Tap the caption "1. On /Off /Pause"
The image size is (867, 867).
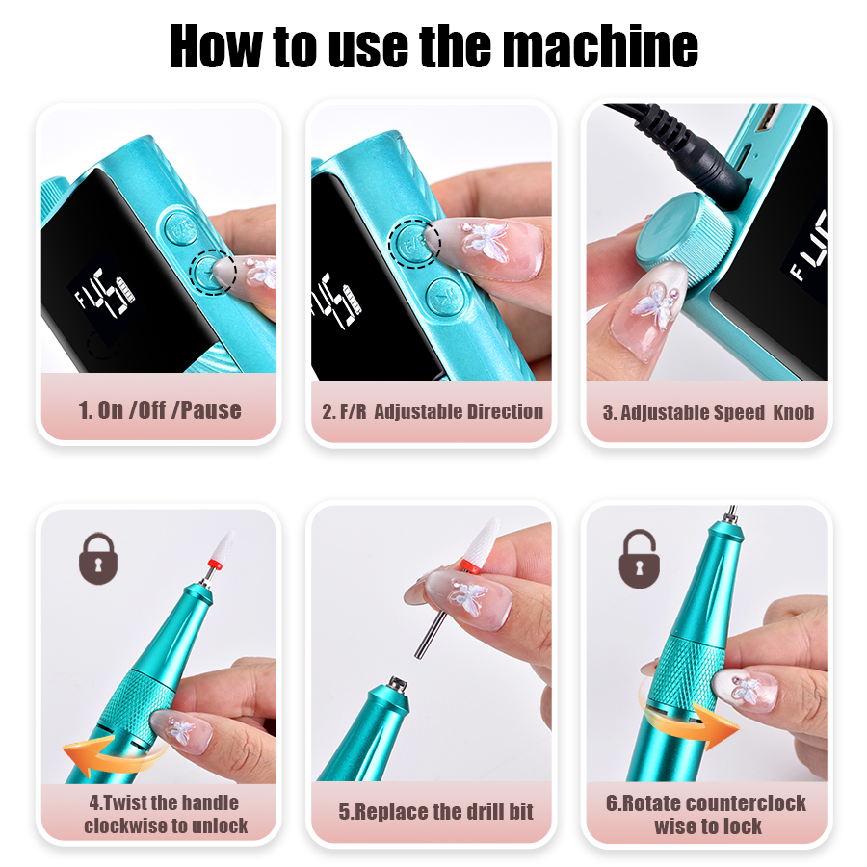(x=160, y=409)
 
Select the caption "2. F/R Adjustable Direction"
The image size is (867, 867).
(x=432, y=411)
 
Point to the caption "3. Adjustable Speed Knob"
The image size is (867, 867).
(x=708, y=412)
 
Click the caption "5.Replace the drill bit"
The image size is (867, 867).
(x=435, y=811)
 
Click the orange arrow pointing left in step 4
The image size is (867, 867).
(x=103, y=756)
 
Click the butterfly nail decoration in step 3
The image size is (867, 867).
(x=664, y=309)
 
